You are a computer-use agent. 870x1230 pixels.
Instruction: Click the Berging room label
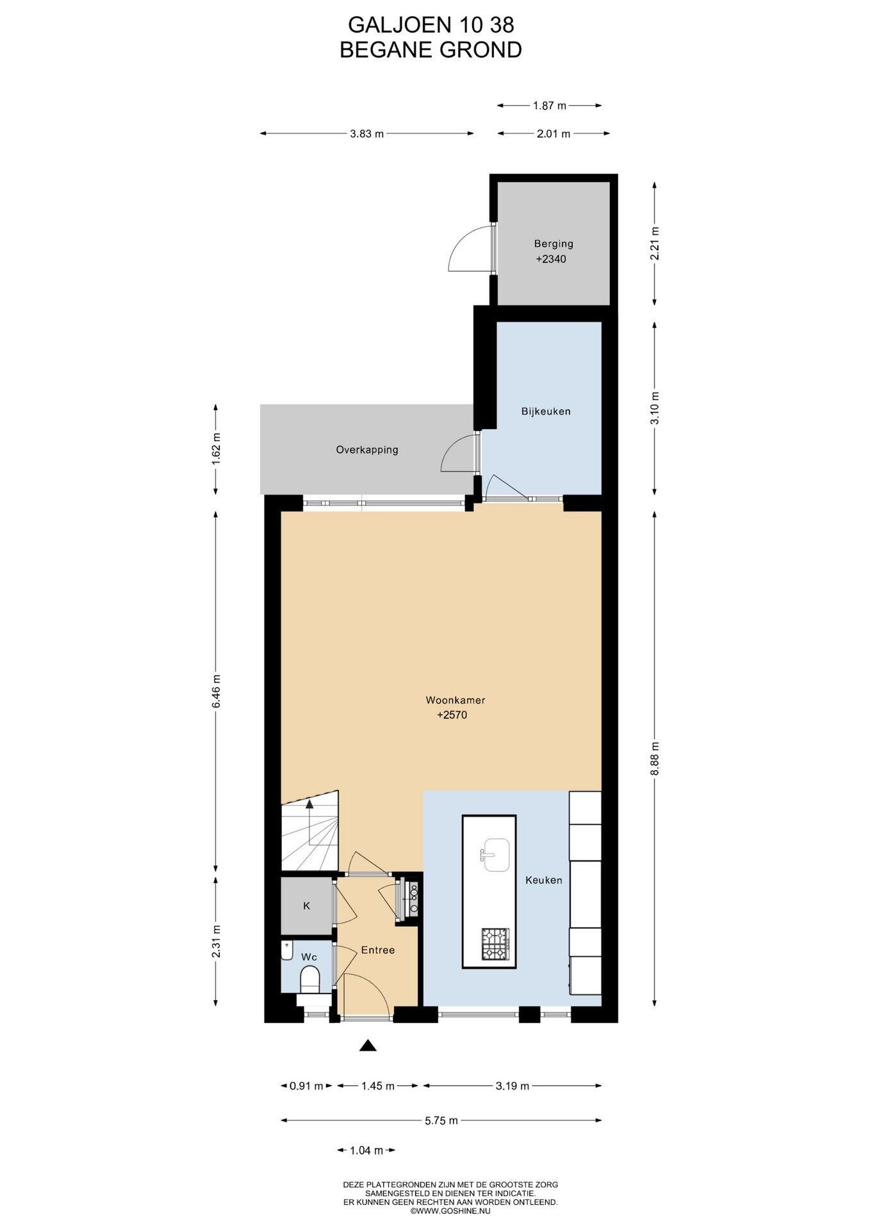(554, 243)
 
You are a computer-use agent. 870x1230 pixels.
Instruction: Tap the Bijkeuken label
(545, 411)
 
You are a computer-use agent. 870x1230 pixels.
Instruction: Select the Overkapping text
(367, 450)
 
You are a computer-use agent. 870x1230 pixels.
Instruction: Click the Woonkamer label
(456, 700)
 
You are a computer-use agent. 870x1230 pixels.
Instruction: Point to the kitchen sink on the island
(497, 855)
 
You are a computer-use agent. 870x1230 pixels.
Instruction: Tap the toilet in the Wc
(310, 979)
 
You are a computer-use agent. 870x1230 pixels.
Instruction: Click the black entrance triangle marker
(368, 1045)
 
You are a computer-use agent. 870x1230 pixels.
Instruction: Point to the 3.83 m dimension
(367, 134)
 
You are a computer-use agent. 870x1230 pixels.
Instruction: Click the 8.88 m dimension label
(654, 759)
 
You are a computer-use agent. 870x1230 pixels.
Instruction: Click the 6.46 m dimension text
(215, 691)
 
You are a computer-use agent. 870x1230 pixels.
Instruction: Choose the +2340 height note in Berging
(552, 259)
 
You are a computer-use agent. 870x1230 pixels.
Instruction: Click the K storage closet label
(307, 906)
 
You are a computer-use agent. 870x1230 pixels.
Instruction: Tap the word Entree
(378, 950)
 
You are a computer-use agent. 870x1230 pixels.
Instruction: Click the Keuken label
(544, 880)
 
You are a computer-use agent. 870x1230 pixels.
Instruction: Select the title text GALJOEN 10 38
(431, 25)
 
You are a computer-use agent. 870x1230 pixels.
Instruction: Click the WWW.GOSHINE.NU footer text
(450, 1211)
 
